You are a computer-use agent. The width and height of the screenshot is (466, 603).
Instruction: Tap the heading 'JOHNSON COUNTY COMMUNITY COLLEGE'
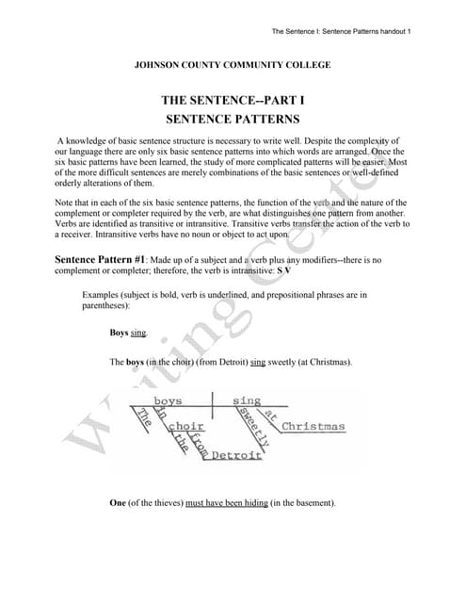[233, 64]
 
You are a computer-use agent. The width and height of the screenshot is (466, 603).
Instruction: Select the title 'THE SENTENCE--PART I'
[233, 100]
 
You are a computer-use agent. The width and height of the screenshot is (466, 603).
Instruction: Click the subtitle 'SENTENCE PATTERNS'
[233, 120]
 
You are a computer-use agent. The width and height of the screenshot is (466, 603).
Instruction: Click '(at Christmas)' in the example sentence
[325, 362]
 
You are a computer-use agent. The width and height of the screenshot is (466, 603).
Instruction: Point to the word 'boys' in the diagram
[168, 401]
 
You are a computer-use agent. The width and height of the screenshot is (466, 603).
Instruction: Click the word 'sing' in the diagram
[247, 401]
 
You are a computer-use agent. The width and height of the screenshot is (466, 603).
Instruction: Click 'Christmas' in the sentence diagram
[313, 426]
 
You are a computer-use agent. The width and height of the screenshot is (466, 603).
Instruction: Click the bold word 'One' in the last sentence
[118, 503]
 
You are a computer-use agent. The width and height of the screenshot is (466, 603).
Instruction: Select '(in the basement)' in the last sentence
[302, 503]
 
